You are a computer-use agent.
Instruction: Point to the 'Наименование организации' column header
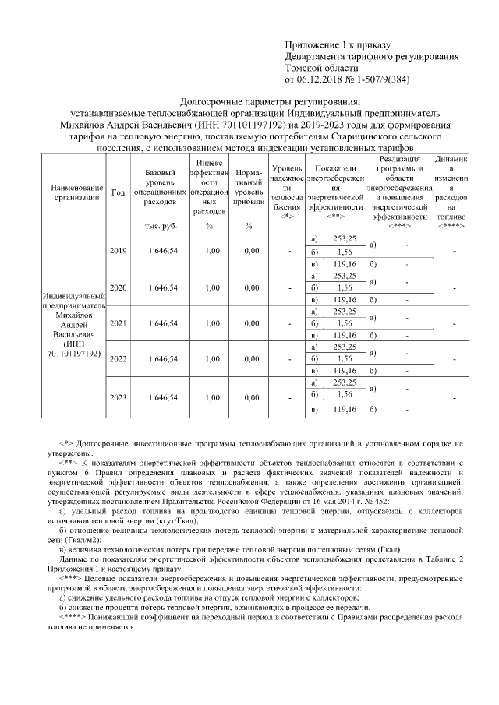(x=76, y=192)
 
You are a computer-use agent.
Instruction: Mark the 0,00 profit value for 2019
(x=250, y=250)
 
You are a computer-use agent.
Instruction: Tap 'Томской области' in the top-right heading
(x=320, y=68)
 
